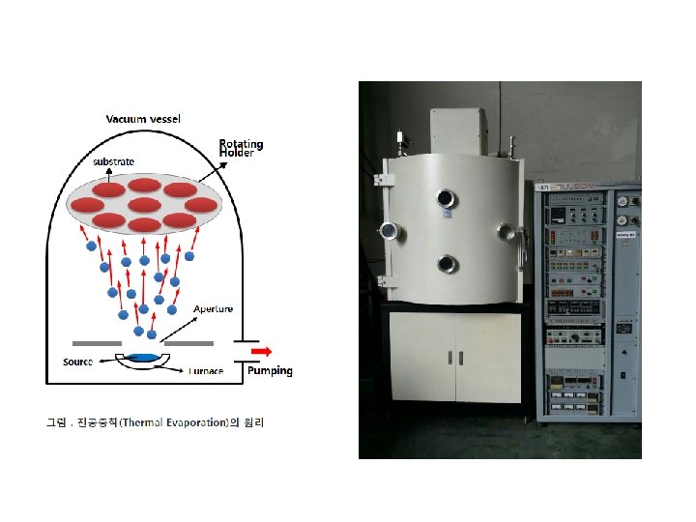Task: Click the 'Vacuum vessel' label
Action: coord(143,119)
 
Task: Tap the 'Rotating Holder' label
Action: coord(241,148)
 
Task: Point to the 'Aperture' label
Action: coord(213,309)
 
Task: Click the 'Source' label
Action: coord(77,362)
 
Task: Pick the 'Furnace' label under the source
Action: coord(206,371)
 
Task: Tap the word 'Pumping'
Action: coord(270,370)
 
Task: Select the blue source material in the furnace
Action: coord(142,358)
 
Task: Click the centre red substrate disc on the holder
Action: coord(144,204)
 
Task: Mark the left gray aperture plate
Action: coord(96,343)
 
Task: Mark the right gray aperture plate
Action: coord(189,343)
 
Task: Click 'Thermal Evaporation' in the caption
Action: coord(176,422)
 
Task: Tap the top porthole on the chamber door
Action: coord(446,198)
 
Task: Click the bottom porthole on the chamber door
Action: coord(446,263)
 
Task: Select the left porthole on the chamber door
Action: coord(389,230)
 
